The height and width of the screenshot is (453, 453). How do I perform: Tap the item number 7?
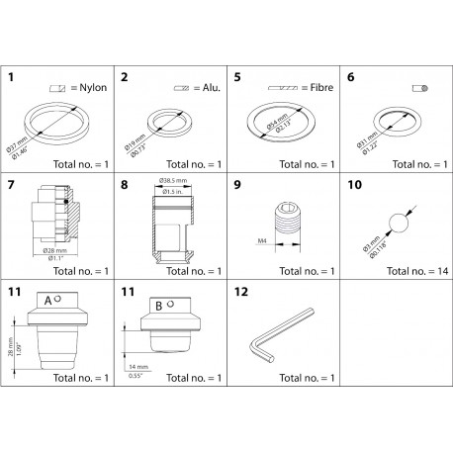[13, 185]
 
